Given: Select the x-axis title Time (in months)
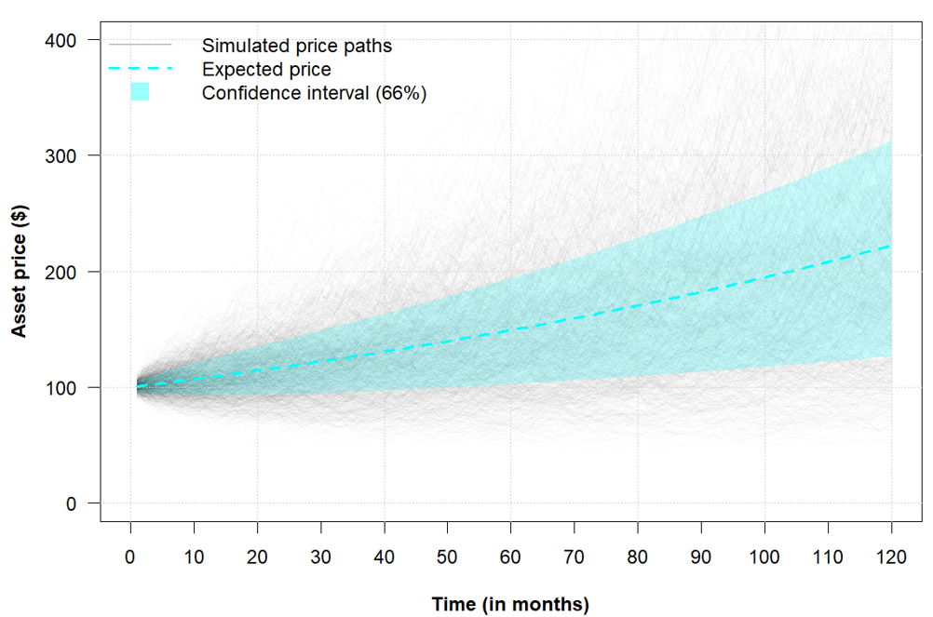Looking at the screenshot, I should pos(510,604).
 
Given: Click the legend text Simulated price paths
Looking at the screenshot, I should pos(296,45).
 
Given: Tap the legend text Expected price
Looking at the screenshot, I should pos(266,69).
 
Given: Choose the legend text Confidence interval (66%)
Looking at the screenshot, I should pos(314,93).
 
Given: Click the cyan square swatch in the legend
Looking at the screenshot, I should pos(140,91).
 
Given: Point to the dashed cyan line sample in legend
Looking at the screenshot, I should pos(140,68).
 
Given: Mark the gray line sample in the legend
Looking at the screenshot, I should pos(140,45).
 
